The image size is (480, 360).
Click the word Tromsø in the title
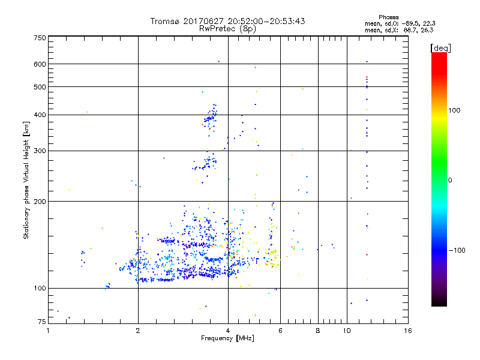coord(164,22)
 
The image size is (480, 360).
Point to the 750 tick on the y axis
coord(40,38)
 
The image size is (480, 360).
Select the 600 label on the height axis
coord(40,64)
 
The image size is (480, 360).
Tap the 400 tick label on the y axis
coord(40,115)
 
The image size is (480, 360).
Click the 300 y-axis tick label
coord(40,151)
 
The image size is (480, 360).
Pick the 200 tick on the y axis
coord(40,202)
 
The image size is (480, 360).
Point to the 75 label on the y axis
coord(41,323)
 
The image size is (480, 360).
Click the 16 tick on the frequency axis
coord(407,331)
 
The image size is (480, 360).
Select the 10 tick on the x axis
coord(347,331)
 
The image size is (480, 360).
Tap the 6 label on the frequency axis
coord(280,331)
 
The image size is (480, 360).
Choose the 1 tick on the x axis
coord(49,331)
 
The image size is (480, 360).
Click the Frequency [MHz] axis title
coord(227,339)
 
